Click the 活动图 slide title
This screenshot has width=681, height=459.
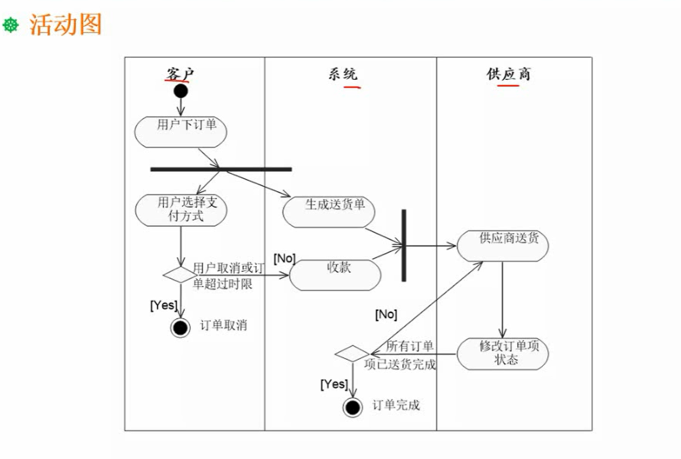[x=65, y=25]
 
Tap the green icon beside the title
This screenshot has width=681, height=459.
[x=11, y=26]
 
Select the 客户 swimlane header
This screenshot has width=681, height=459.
[x=179, y=74]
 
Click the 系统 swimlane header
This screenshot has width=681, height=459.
[x=343, y=74]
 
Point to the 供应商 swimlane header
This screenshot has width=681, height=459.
[x=508, y=74]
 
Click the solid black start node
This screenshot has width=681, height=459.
[x=181, y=91]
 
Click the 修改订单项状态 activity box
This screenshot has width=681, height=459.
[x=502, y=353]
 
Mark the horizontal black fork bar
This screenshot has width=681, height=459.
[x=221, y=169]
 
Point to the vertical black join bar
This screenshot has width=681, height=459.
[x=403, y=245]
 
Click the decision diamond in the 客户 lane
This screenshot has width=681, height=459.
[x=180, y=274]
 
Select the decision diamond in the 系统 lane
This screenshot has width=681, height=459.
[x=352, y=353]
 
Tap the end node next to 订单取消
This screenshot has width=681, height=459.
[x=180, y=328]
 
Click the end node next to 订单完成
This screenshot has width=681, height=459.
[x=352, y=407]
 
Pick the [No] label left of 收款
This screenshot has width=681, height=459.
[x=285, y=258]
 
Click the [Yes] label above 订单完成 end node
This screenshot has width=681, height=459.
[x=334, y=384]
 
